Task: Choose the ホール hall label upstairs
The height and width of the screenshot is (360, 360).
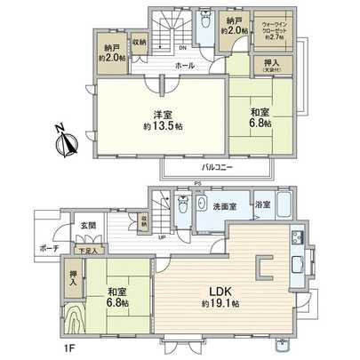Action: pos(185,65)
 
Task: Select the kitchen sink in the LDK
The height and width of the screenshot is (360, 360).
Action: pos(296,238)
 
